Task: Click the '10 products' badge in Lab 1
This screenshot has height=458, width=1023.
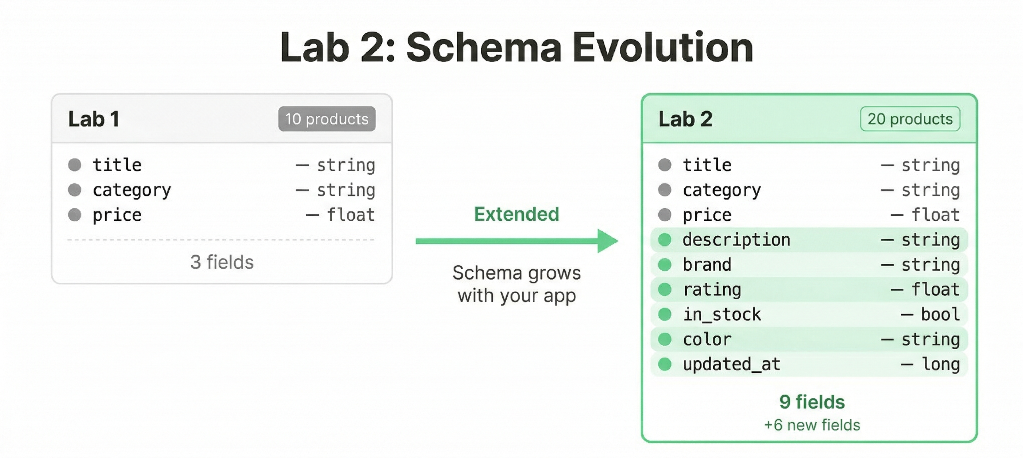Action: (326, 119)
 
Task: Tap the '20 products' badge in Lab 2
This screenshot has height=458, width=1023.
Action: (910, 119)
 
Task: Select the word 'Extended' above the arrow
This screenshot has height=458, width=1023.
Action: (516, 214)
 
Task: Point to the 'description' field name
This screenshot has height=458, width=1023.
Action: (736, 240)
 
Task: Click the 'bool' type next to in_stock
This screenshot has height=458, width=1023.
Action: (940, 314)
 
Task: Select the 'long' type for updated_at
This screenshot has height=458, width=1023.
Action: (940, 364)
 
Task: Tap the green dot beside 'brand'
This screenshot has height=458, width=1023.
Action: (665, 265)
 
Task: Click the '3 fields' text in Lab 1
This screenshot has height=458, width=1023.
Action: (221, 262)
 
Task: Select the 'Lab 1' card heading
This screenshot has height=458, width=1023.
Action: (94, 119)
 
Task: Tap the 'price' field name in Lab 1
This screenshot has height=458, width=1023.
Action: (117, 215)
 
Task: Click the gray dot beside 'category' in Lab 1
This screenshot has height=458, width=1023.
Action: (75, 190)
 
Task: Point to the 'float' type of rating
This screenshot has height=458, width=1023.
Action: (935, 289)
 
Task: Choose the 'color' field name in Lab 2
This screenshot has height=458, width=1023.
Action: (707, 339)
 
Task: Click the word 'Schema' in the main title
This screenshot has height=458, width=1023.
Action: (484, 48)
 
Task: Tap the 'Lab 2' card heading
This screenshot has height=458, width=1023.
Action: (685, 119)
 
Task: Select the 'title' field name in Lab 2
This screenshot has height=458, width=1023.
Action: (707, 165)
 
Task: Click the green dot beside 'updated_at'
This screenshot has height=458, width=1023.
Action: (665, 364)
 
